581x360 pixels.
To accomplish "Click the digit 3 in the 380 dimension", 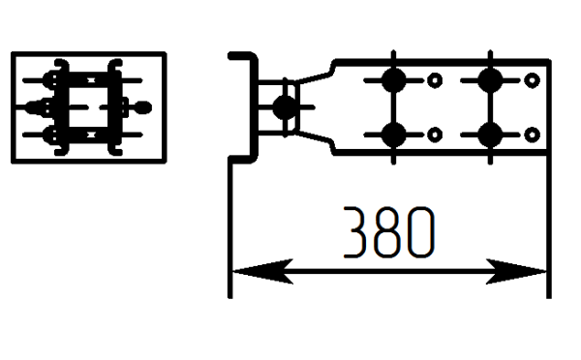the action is click(x=355, y=232).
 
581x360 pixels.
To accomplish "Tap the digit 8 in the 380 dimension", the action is click(x=387, y=232).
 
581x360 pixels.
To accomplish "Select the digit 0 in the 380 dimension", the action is click(x=421, y=232).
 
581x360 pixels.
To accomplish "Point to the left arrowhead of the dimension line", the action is click(x=262, y=272).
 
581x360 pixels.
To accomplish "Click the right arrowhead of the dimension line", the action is click(x=516, y=272).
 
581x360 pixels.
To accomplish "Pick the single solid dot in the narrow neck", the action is click(x=285, y=107).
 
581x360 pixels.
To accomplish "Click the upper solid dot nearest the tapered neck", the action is click(x=393, y=80).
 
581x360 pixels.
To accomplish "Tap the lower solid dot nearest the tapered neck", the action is click(x=393, y=135).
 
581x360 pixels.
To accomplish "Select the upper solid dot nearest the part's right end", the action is click(x=490, y=80).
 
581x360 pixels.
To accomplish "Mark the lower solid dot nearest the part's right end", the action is click(x=490, y=135).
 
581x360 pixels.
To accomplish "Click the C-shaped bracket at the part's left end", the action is click(x=254, y=107).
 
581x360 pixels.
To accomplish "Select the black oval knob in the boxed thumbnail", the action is click(x=142, y=107).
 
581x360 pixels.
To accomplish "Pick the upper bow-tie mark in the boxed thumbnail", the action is click(x=91, y=80).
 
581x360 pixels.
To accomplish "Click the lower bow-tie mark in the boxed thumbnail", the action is click(x=91, y=135).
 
